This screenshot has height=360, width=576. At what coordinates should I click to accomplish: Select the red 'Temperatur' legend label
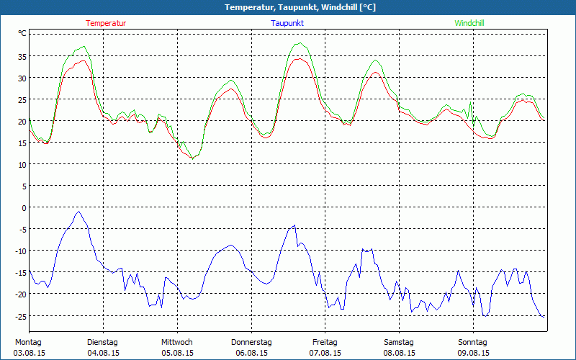pos(106,23)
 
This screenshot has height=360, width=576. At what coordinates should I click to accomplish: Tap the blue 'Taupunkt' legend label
pos(287,23)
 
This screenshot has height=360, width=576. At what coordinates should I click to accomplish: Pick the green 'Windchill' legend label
pos(469,23)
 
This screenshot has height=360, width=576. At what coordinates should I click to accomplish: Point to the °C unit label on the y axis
pos(22,33)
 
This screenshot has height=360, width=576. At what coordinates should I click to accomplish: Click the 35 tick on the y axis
pos(22,56)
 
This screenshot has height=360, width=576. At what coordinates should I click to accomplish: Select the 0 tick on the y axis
pos(24,207)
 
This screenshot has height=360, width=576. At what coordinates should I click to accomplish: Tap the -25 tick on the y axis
pos(21,315)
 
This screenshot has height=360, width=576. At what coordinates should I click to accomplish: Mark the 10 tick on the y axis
pos(22,164)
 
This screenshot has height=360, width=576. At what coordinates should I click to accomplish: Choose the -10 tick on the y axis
pos(21,251)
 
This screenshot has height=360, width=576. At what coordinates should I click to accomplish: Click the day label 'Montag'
pos(28,342)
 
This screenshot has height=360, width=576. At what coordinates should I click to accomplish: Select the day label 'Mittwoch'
pos(176,342)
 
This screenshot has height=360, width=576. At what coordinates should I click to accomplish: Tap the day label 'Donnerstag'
pos(251,342)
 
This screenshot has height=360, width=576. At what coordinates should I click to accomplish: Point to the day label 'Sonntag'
pos(472,342)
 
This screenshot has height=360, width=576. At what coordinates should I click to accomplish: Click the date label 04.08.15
pos(102,353)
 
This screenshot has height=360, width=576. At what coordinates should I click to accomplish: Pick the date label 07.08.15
pos(325,353)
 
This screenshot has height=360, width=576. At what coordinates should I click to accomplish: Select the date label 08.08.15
pos(399,353)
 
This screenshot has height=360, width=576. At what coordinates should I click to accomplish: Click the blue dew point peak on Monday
pos(78,212)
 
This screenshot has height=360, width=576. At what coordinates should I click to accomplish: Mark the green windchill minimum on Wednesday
pos(192,158)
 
